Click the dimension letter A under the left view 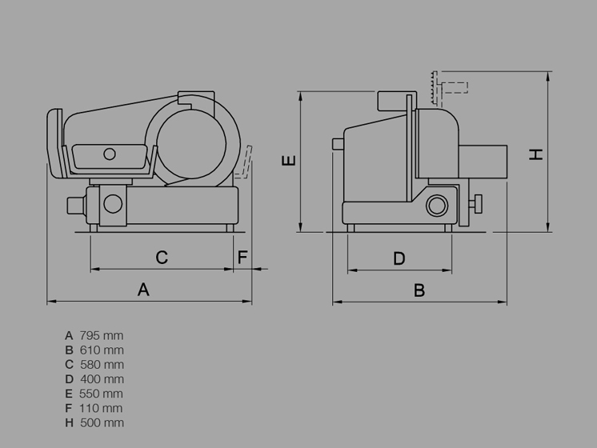pyautogui.click(x=143, y=290)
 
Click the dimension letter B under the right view pyautogui.click(x=419, y=290)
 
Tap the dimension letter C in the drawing pyautogui.click(x=162, y=258)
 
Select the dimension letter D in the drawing pyautogui.click(x=399, y=259)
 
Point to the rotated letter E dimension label pyautogui.click(x=289, y=160)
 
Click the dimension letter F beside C pyautogui.click(x=242, y=258)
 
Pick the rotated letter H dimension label pyautogui.click(x=536, y=154)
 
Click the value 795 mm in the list pyautogui.click(x=102, y=336)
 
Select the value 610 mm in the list pyautogui.click(x=102, y=350)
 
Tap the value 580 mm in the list pyautogui.click(x=102, y=365)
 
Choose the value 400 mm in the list pyautogui.click(x=102, y=379)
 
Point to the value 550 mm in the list pyautogui.click(x=101, y=394)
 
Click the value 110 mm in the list pyautogui.click(x=101, y=408)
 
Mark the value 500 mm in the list pyautogui.click(x=102, y=422)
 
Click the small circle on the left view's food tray pyautogui.click(x=110, y=154)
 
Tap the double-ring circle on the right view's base pyautogui.click(x=437, y=206)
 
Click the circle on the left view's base pyautogui.click(x=113, y=203)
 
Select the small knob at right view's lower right pyautogui.click(x=475, y=204)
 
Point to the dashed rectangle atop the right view pyautogui.click(x=455, y=87)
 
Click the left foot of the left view pyautogui.click(x=94, y=228)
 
